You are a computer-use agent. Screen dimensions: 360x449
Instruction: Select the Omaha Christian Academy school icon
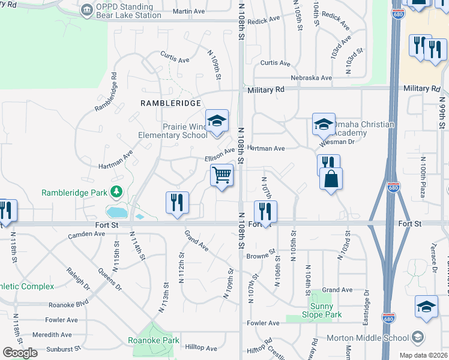coord(324,124)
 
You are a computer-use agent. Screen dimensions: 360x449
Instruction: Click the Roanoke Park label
coord(154,340)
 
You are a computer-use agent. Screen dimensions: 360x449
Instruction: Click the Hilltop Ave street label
coord(201,348)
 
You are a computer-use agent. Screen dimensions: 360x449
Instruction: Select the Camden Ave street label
coord(86,234)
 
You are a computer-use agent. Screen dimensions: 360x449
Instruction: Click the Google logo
coord(20,352)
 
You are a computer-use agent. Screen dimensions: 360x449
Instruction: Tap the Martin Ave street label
coord(188,11)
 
